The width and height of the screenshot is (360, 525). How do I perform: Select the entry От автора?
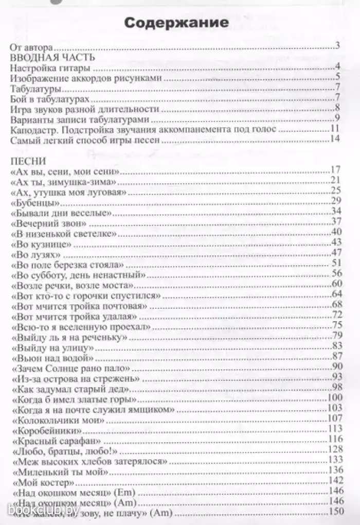(x=30, y=48)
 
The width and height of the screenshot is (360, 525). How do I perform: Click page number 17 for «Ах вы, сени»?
(x=337, y=170)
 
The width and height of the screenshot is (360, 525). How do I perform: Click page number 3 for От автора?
(x=338, y=48)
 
